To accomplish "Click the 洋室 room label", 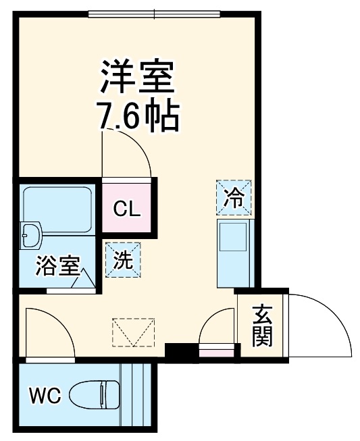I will pyautogui.click(x=138, y=77).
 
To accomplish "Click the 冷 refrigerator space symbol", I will pyautogui.click(x=234, y=197).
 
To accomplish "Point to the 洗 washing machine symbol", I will pyautogui.click(x=122, y=259).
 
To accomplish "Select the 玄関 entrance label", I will pyautogui.click(x=263, y=326).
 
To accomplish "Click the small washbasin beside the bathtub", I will pyautogui.click(x=31, y=236).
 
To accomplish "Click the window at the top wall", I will pyautogui.click(x=154, y=14).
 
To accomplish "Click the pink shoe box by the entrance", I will pyautogui.click(x=217, y=351).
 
